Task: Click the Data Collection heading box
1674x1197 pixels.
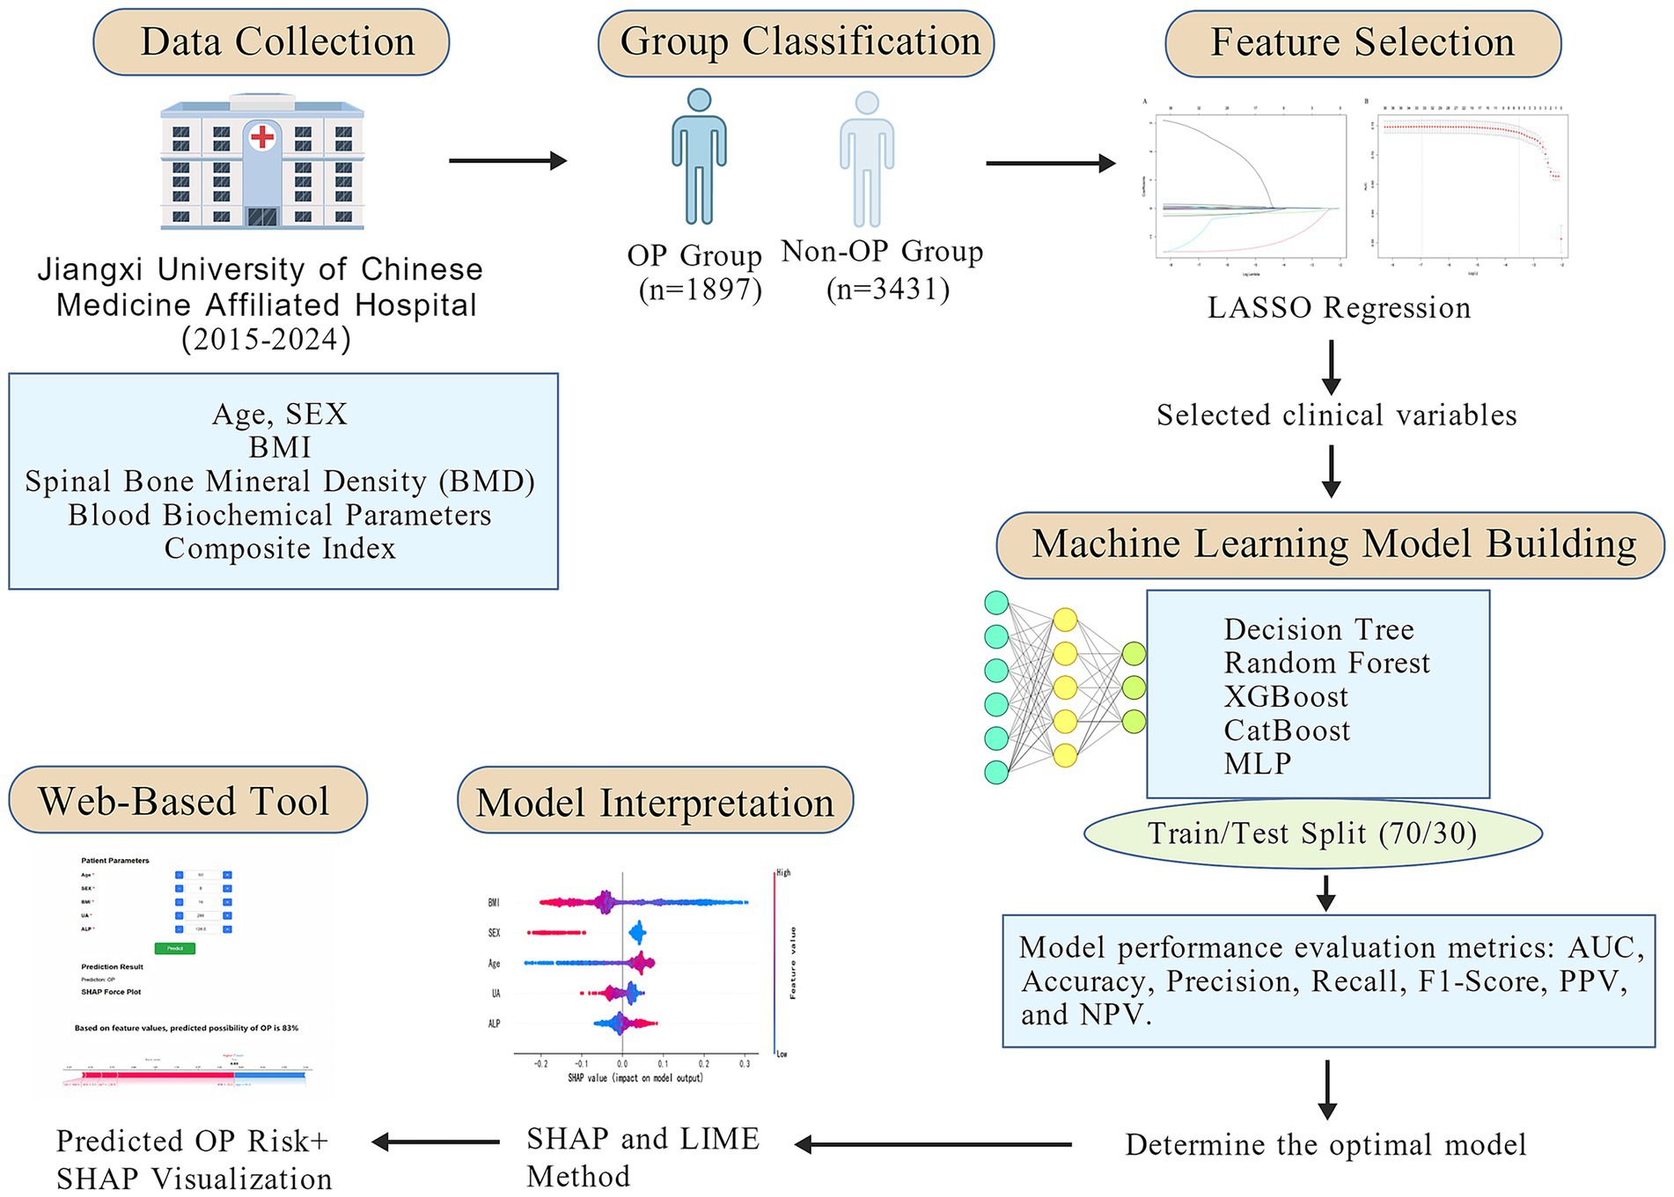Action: click(271, 42)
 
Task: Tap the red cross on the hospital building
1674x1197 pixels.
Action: click(262, 136)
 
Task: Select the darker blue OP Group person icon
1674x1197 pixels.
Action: click(699, 157)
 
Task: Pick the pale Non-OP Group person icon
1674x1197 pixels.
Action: click(867, 159)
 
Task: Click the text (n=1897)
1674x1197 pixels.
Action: click(701, 290)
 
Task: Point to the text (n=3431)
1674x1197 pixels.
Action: click(888, 290)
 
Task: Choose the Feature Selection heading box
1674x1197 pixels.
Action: click(1362, 43)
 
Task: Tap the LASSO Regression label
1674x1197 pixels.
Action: click(1339, 308)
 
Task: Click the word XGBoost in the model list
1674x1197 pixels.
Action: click(1286, 697)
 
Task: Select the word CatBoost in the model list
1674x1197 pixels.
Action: click(1287, 731)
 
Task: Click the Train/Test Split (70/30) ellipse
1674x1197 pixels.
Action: click(1312, 833)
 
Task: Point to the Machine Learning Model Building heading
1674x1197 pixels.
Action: click(1330, 545)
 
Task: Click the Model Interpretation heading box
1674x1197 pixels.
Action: click(655, 802)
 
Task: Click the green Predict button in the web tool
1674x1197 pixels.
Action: click(175, 948)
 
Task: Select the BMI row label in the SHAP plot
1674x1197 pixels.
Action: click(494, 903)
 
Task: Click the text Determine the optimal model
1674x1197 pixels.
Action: click(1325, 1145)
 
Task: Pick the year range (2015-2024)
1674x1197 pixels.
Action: click(266, 340)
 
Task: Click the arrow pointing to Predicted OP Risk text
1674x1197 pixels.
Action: click(436, 1142)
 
